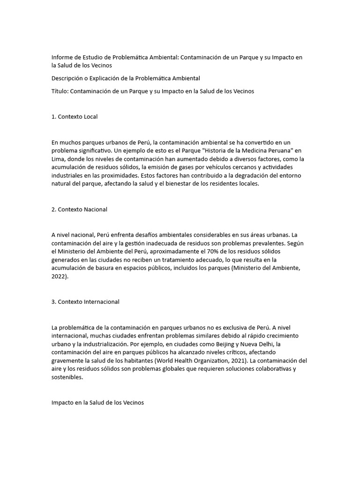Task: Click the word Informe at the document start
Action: [63, 57]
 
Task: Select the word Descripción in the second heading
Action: [68, 78]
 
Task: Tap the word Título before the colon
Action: [60, 91]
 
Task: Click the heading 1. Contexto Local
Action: [75, 117]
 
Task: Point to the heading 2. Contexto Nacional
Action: [79, 210]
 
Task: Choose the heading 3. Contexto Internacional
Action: [85, 302]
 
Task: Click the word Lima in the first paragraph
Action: [58, 159]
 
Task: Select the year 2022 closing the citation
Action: [59, 277]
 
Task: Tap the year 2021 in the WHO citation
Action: [238, 361]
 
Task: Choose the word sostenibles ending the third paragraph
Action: [67, 378]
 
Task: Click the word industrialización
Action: [104, 344]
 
